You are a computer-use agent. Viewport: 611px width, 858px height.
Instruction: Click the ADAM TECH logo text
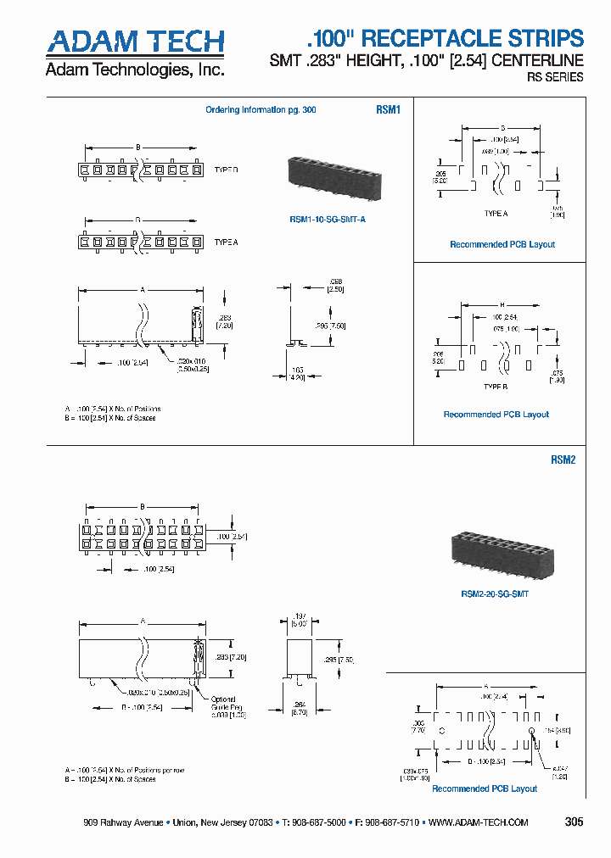tap(135, 42)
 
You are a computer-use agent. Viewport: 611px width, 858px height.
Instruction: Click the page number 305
tap(574, 822)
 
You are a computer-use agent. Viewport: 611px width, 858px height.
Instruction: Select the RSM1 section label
tap(388, 110)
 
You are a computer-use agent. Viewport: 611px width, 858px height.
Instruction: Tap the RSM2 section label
tap(563, 460)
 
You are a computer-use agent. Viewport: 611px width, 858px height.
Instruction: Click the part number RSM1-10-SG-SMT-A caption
tap(328, 220)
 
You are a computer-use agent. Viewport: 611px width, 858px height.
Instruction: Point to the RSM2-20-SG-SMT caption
tap(495, 593)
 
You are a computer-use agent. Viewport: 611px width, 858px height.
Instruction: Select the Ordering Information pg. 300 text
tap(261, 110)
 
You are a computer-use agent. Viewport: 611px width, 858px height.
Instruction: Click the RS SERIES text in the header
tap(556, 77)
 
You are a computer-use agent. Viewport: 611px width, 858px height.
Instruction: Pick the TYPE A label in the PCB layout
tap(496, 214)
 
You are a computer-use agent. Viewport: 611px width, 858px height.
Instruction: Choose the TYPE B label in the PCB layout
tap(496, 385)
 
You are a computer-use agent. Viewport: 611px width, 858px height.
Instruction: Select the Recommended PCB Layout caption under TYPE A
tap(502, 244)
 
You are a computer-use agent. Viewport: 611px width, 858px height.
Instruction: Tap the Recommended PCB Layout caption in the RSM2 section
tap(485, 788)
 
